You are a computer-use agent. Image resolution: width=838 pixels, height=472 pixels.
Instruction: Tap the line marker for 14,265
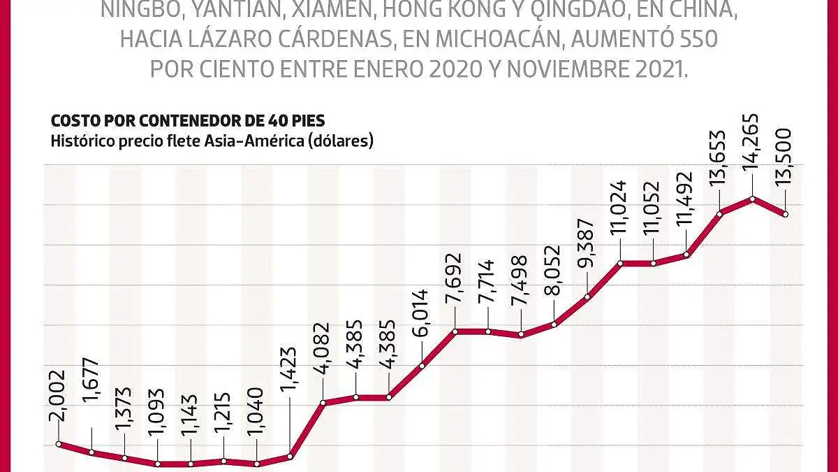tap(753, 199)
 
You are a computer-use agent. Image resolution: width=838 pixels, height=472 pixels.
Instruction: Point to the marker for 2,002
tap(59, 443)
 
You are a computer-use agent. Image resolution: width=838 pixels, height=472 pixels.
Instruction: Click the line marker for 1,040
tap(257, 464)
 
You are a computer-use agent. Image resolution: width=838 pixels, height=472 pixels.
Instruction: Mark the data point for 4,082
tap(323, 402)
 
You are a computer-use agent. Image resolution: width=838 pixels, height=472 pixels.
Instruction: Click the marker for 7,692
tap(455, 331)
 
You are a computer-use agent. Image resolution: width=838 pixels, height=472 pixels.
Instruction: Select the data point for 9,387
tap(587, 297)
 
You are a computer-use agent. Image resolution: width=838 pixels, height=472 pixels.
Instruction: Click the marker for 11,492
tap(686, 254)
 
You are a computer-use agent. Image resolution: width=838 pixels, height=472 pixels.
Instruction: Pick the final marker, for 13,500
tap(786, 215)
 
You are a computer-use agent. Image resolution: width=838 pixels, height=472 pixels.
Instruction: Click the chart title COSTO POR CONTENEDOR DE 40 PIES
tap(188, 120)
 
